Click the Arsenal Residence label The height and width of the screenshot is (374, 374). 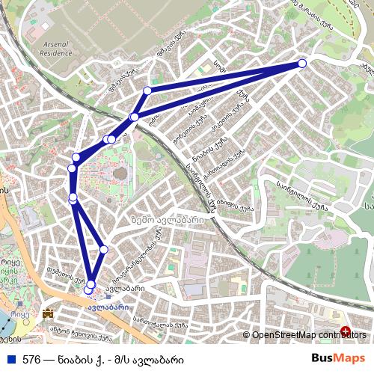click(x=55, y=49)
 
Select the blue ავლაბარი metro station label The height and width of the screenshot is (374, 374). click(x=107, y=307)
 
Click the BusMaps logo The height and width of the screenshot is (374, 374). click(x=338, y=358)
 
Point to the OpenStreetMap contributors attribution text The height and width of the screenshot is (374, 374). click(x=309, y=334)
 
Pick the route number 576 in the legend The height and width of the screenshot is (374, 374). click(x=32, y=359)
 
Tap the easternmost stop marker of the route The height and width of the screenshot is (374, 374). click(x=302, y=64)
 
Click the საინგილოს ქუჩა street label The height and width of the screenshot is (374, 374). click(x=302, y=195)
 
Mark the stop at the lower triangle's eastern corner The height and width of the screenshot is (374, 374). click(x=103, y=249)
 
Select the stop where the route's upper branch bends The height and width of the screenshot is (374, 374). click(x=147, y=91)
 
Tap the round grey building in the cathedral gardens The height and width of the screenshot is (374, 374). click(x=120, y=174)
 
